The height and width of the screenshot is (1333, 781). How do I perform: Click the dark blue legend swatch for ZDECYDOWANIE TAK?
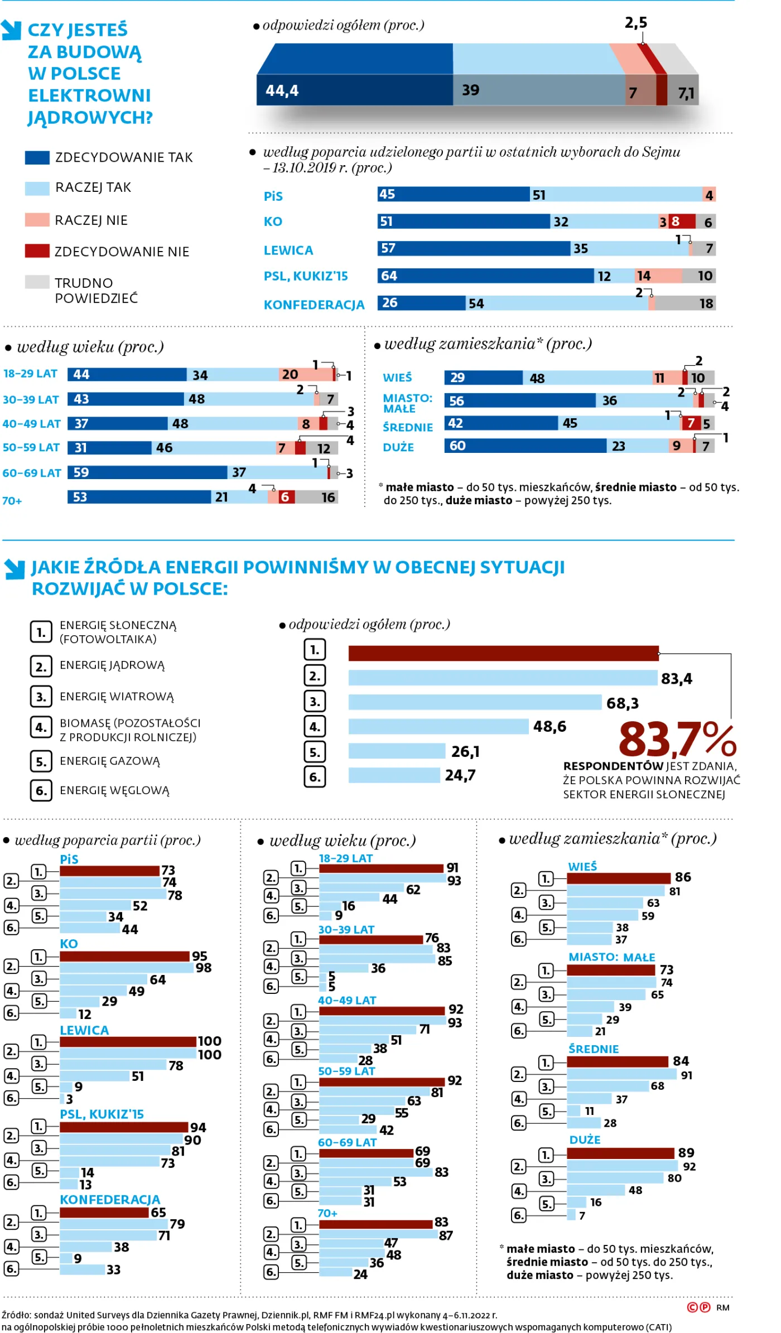pyautogui.click(x=37, y=157)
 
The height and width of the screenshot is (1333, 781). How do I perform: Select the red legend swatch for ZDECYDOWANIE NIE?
pyautogui.click(x=37, y=251)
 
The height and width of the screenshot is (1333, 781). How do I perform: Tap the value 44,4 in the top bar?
pyautogui.click(x=282, y=90)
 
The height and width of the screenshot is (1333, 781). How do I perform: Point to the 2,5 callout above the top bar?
pyautogui.click(x=635, y=23)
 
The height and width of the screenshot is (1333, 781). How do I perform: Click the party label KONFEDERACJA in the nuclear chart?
pyautogui.click(x=314, y=305)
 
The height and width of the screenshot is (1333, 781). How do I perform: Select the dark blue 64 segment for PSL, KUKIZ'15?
pyautogui.click(x=485, y=276)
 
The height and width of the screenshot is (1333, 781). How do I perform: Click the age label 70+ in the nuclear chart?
pyautogui.click(x=12, y=501)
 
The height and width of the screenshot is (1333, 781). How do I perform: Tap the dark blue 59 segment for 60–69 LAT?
pyautogui.click(x=147, y=472)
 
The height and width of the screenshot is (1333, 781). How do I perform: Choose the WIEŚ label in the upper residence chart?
pyautogui.click(x=397, y=378)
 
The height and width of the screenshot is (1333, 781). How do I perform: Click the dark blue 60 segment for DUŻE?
pyautogui.click(x=524, y=446)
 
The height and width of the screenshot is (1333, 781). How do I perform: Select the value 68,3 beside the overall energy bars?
pyautogui.click(x=622, y=703)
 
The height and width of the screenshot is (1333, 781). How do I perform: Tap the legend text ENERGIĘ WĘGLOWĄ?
pyautogui.click(x=114, y=790)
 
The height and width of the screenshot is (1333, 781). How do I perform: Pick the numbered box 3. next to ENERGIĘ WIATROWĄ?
pyautogui.click(x=41, y=696)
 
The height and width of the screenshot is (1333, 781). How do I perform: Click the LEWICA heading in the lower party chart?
pyautogui.click(x=84, y=1030)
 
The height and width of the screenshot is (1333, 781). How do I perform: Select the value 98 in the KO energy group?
pyautogui.click(x=203, y=968)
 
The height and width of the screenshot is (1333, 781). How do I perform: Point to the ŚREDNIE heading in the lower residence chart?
pyautogui.click(x=593, y=1049)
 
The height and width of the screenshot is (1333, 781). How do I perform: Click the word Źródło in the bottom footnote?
pyautogui.click(x=16, y=1315)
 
